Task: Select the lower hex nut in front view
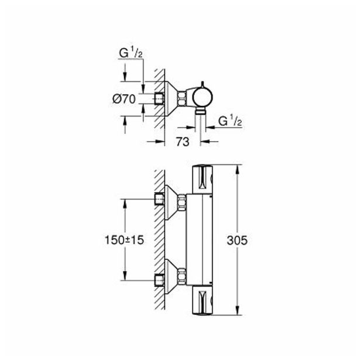pyautogui.click(x=183, y=276)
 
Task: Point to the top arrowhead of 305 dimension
pyautogui.click(x=236, y=169)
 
